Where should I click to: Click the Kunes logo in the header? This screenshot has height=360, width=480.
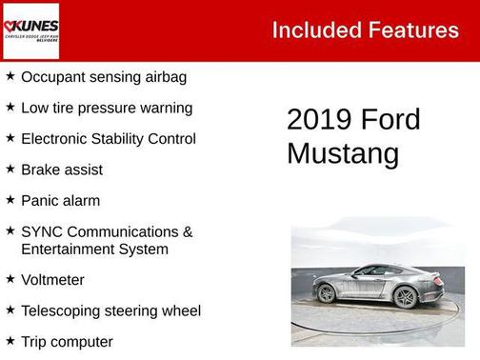click(x=30, y=30)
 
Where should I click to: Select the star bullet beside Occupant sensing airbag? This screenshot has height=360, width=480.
click(x=10, y=75)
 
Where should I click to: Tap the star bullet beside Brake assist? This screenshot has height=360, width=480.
click(x=10, y=169)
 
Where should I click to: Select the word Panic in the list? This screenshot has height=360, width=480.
click(x=40, y=201)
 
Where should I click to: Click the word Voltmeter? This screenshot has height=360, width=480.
click(x=52, y=280)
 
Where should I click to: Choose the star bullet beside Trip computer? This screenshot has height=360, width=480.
click(x=10, y=340)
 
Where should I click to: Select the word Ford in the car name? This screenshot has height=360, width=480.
click(x=390, y=120)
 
